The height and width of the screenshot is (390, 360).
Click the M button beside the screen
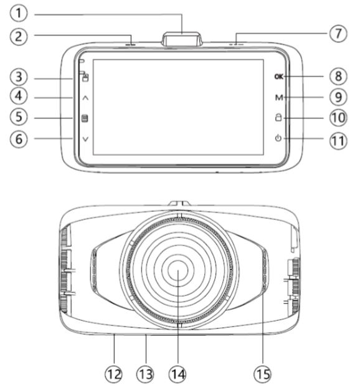tap(278, 97)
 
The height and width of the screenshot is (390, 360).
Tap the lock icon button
tap(278, 118)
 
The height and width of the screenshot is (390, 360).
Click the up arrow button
tap(85, 98)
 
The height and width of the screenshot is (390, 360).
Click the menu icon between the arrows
tap(85, 118)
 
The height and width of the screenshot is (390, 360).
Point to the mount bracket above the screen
tap(182, 38)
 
